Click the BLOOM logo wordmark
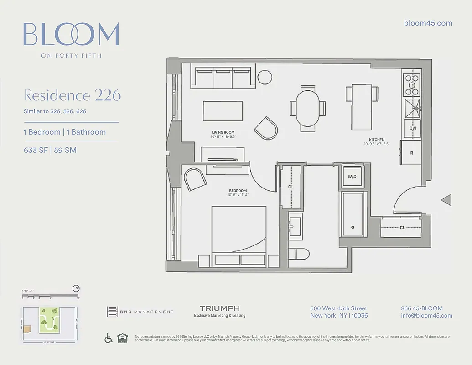[71, 34]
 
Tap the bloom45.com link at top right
[428, 23]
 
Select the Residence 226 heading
[73, 95]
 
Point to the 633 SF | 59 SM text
[50, 150]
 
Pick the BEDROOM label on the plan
[238, 191]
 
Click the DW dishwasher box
[413, 129]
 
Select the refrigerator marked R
[412, 153]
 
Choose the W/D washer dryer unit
[352, 177]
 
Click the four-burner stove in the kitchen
[412, 85]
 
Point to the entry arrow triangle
[446, 200]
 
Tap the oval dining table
[307, 108]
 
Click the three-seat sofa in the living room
[223, 77]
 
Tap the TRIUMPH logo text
[220, 309]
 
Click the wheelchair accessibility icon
[109, 338]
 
